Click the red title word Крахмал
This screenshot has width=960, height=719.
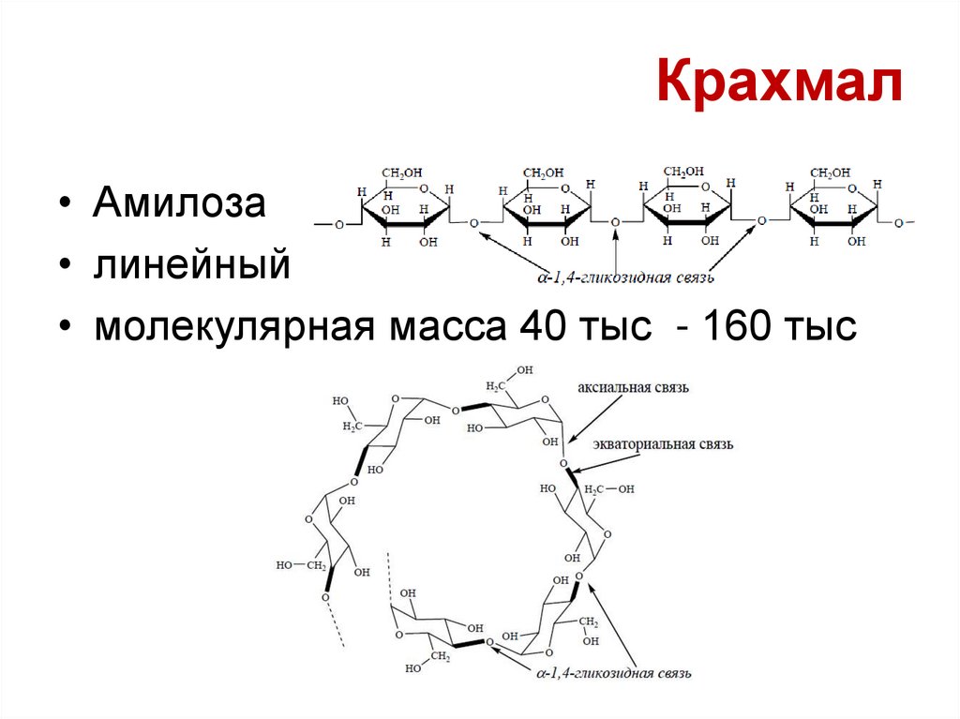[780, 83]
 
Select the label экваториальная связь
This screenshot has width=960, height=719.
[662, 442]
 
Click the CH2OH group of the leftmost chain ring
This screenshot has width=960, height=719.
[400, 172]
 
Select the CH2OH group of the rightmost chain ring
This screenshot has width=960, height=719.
[829, 172]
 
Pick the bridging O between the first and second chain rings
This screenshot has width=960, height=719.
[473, 223]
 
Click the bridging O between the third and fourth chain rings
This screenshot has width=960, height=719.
[760, 221]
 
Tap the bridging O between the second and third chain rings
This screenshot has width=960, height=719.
[616, 223]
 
